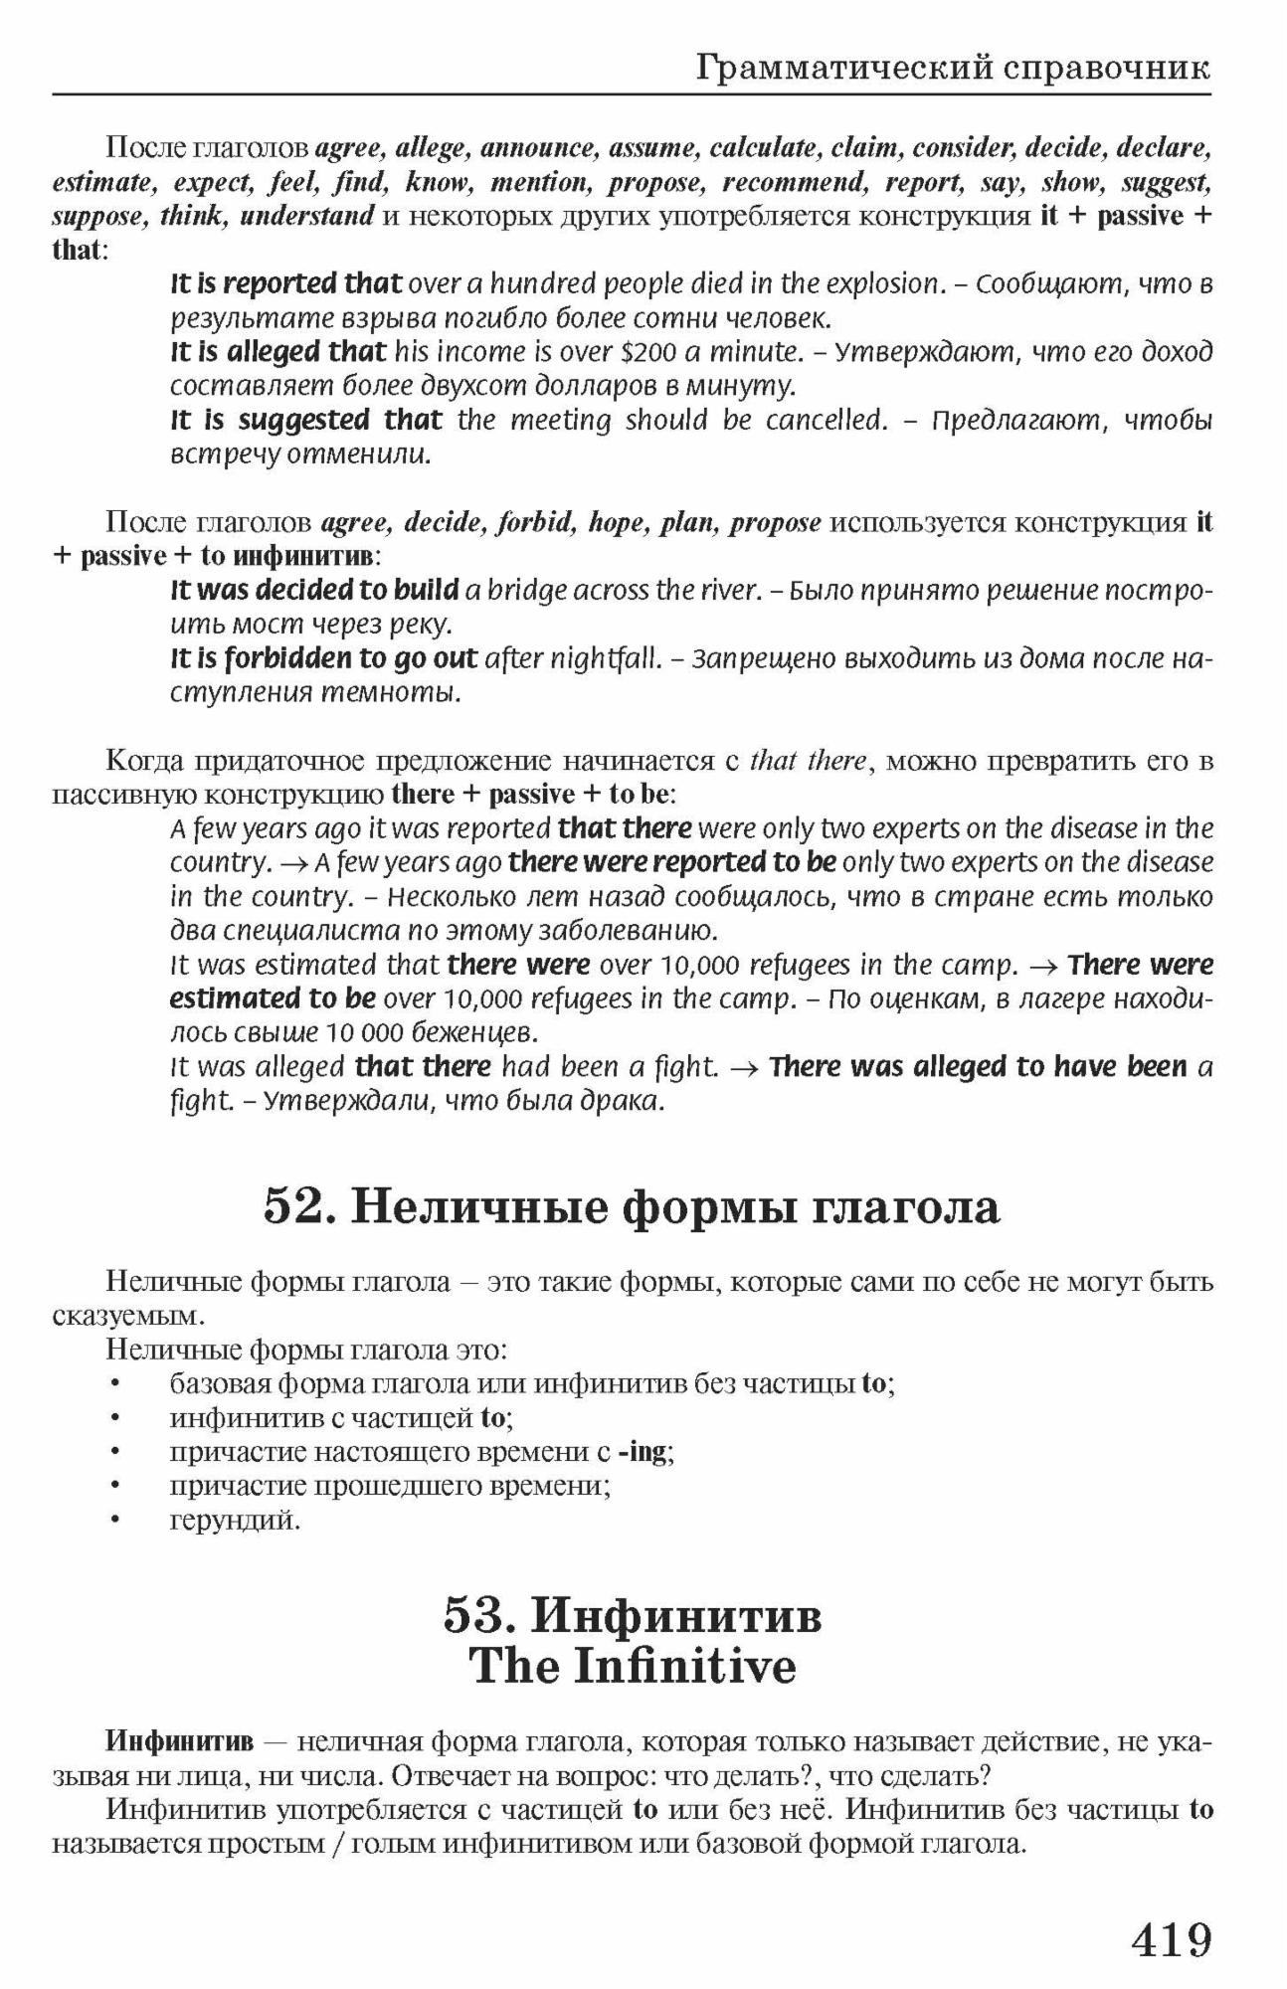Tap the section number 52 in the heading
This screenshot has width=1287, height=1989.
click(294, 1206)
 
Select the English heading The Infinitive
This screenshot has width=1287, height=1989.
click(633, 1665)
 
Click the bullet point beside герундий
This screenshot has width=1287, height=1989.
click(116, 1520)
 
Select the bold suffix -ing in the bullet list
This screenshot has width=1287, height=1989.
click(643, 1451)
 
